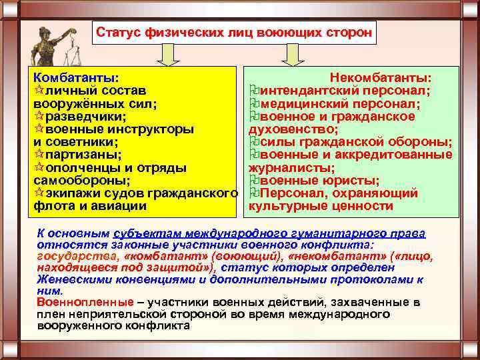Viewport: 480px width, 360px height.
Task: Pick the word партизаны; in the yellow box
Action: (x=83, y=155)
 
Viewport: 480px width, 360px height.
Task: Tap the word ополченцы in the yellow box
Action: (x=85, y=167)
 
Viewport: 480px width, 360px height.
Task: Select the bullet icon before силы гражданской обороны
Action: (x=253, y=142)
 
